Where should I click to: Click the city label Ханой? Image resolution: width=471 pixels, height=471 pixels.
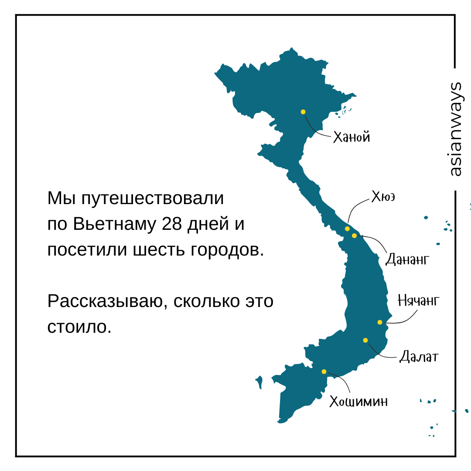pyautogui.click(x=352, y=137)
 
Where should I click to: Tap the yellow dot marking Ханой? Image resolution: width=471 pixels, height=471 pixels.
pyautogui.click(x=303, y=112)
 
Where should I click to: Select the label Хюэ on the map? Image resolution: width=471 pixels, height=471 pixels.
pyautogui.click(x=383, y=197)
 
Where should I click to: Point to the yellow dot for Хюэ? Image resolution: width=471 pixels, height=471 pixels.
pyautogui.click(x=347, y=229)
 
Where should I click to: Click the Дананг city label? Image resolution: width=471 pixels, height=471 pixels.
pyautogui.click(x=408, y=260)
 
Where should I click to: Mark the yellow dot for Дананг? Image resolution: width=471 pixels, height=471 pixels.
pyautogui.click(x=354, y=235)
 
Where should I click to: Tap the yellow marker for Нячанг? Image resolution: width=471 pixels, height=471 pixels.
pyautogui.click(x=380, y=322)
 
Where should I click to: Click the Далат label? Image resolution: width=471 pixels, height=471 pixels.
pyautogui.click(x=419, y=357)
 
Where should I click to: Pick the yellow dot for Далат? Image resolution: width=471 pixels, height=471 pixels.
pyautogui.click(x=365, y=340)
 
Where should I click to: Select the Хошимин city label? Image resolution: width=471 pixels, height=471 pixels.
pyautogui.click(x=358, y=401)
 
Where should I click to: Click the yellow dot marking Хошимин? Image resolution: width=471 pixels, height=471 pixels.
pyautogui.click(x=324, y=372)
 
